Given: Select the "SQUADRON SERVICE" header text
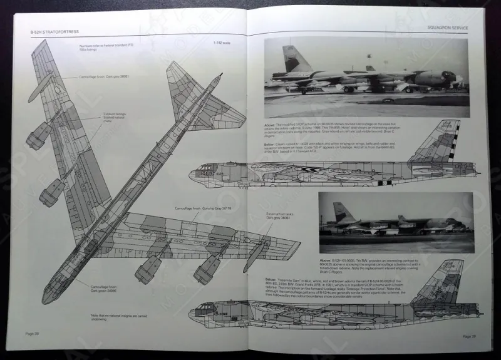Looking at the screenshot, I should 447,28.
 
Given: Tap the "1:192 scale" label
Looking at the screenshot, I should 222,43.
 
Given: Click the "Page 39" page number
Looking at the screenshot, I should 470,336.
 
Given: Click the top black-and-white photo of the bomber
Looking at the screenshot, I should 366,76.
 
